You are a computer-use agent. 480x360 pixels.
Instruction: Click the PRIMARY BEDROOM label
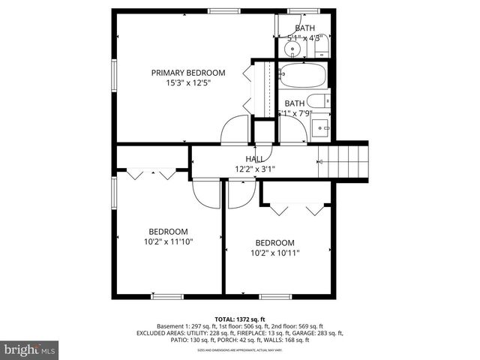click(x=188, y=73)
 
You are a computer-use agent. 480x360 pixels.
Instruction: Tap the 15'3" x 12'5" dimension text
click(x=188, y=83)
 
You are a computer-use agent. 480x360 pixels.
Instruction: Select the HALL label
click(x=254, y=159)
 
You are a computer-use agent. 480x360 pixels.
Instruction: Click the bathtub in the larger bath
click(x=302, y=76)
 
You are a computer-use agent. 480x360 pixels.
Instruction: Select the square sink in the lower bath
click(x=322, y=126)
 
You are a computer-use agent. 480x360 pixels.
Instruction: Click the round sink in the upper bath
click(x=293, y=49)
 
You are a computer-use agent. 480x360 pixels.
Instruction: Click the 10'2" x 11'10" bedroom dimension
click(x=168, y=242)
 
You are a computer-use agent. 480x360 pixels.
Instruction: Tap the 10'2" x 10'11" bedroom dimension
click(x=275, y=253)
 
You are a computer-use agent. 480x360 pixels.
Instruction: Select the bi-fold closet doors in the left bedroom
click(x=151, y=174)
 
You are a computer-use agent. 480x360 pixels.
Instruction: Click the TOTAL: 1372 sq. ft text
click(x=239, y=318)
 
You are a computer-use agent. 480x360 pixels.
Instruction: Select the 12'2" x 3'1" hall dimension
click(x=255, y=169)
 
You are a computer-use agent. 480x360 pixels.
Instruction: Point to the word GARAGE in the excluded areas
click(x=313, y=333)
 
